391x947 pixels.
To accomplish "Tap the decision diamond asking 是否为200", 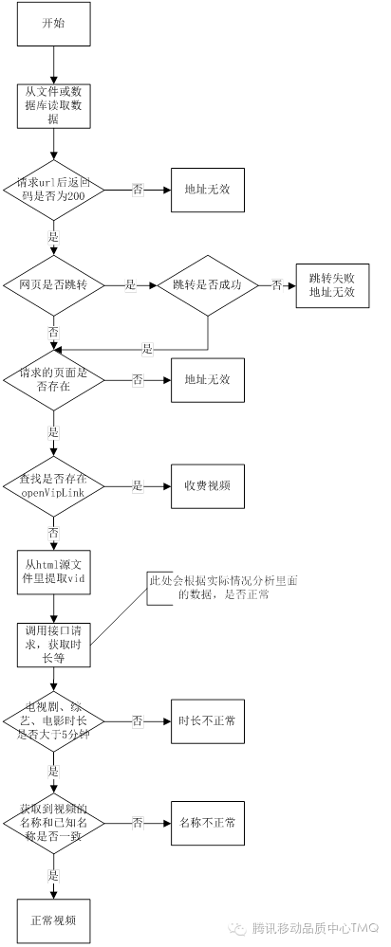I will pos(54,189).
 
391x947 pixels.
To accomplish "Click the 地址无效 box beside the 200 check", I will pos(207,189).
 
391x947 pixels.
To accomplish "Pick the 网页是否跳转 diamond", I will pos(54,283).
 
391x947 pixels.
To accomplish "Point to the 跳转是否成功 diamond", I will pos(207,283).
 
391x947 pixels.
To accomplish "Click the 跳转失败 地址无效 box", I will pos(330,284).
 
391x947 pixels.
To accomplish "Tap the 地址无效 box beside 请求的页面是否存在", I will pos(207,379).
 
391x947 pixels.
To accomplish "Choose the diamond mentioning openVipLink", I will pos(54,484).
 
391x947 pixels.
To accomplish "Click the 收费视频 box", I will pos(207,484).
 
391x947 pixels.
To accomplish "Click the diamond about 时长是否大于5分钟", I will pos(54,721).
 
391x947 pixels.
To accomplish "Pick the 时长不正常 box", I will pos(207,721).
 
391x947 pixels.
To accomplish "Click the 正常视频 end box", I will pos(54,919).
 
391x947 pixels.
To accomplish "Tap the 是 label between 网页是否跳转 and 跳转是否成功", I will pos(131,283).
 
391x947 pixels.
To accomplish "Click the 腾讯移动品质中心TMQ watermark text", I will pos(314,926).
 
